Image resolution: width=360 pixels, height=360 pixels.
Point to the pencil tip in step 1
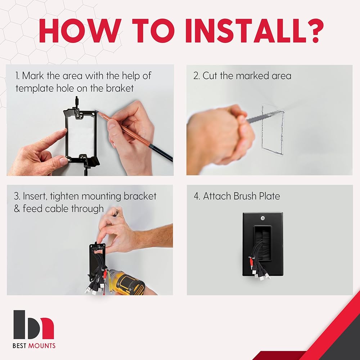click(x=96, y=111)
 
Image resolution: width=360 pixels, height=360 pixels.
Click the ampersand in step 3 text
click(x=17, y=209)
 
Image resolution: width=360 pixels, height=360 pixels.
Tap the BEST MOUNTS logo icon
click(x=33, y=325)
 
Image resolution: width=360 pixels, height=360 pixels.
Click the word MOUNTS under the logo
click(x=41, y=346)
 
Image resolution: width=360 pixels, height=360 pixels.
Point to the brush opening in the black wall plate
click(x=263, y=243)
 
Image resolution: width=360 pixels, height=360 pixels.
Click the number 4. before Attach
click(x=197, y=196)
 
